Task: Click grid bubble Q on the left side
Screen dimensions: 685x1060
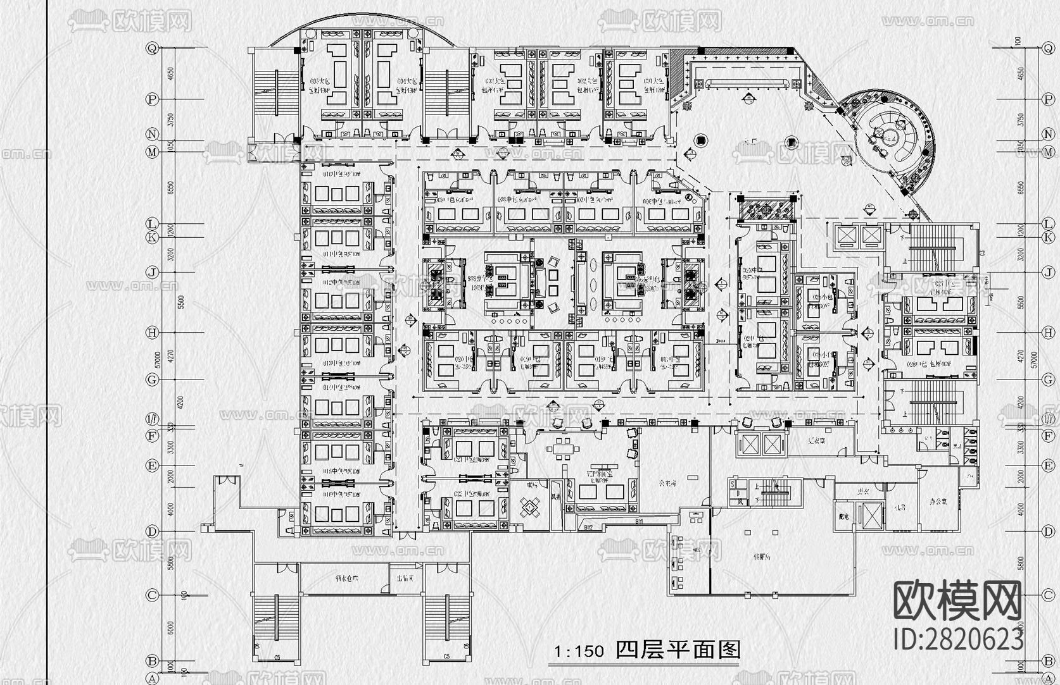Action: pos(152,48)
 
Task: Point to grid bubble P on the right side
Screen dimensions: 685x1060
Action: pos(1049,99)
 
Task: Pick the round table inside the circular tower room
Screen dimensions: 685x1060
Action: pos(890,136)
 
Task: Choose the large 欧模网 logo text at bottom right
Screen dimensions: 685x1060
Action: pos(957,602)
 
